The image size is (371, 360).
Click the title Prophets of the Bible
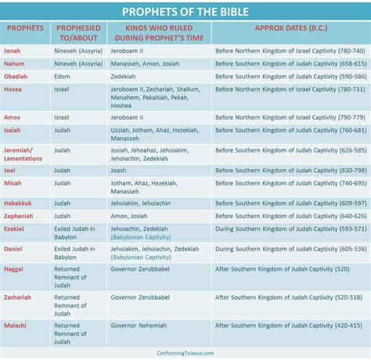tap(185, 11)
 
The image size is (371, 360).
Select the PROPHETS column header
tap(25, 27)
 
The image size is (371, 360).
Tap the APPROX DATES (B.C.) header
tap(290, 27)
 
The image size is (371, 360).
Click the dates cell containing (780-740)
tap(290, 49)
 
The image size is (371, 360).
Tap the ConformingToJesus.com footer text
tap(185, 353)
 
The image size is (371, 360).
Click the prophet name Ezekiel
tap(15, 229)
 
